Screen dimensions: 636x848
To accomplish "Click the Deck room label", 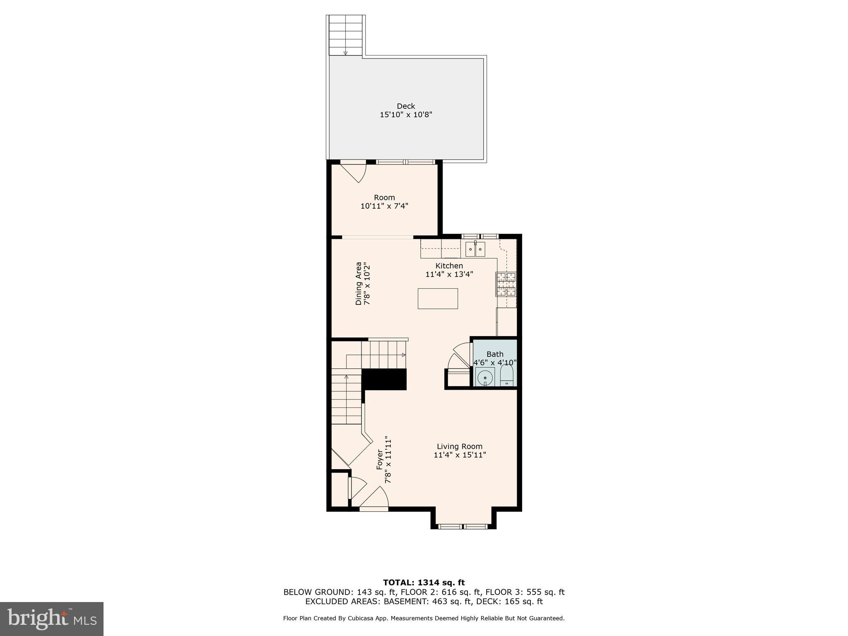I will coord(406,106).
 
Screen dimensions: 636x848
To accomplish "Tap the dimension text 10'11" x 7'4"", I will coord(384,206).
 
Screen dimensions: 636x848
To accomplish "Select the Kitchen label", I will coord(449,266).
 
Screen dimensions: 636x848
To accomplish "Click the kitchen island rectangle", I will coord(438,299).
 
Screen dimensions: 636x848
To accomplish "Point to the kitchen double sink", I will coord(475,250).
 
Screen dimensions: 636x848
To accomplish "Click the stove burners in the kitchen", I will coord(506,284).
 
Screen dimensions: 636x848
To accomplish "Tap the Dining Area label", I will coord(359,284).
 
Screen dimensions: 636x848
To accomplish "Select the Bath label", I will coord(495,354).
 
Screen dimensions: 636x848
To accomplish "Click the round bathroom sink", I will coord(485,378).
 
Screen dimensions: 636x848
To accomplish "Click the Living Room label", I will coord(460,446).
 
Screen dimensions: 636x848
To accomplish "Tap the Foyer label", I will coord(380,460).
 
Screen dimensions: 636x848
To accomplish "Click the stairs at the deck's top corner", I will coord(346,35).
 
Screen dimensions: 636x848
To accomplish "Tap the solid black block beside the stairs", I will coord(384,379).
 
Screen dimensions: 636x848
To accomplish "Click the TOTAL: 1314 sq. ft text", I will coord(424,583).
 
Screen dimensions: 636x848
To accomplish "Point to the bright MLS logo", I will coord(52,619).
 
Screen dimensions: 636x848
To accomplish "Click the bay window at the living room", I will coord(463,526).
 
